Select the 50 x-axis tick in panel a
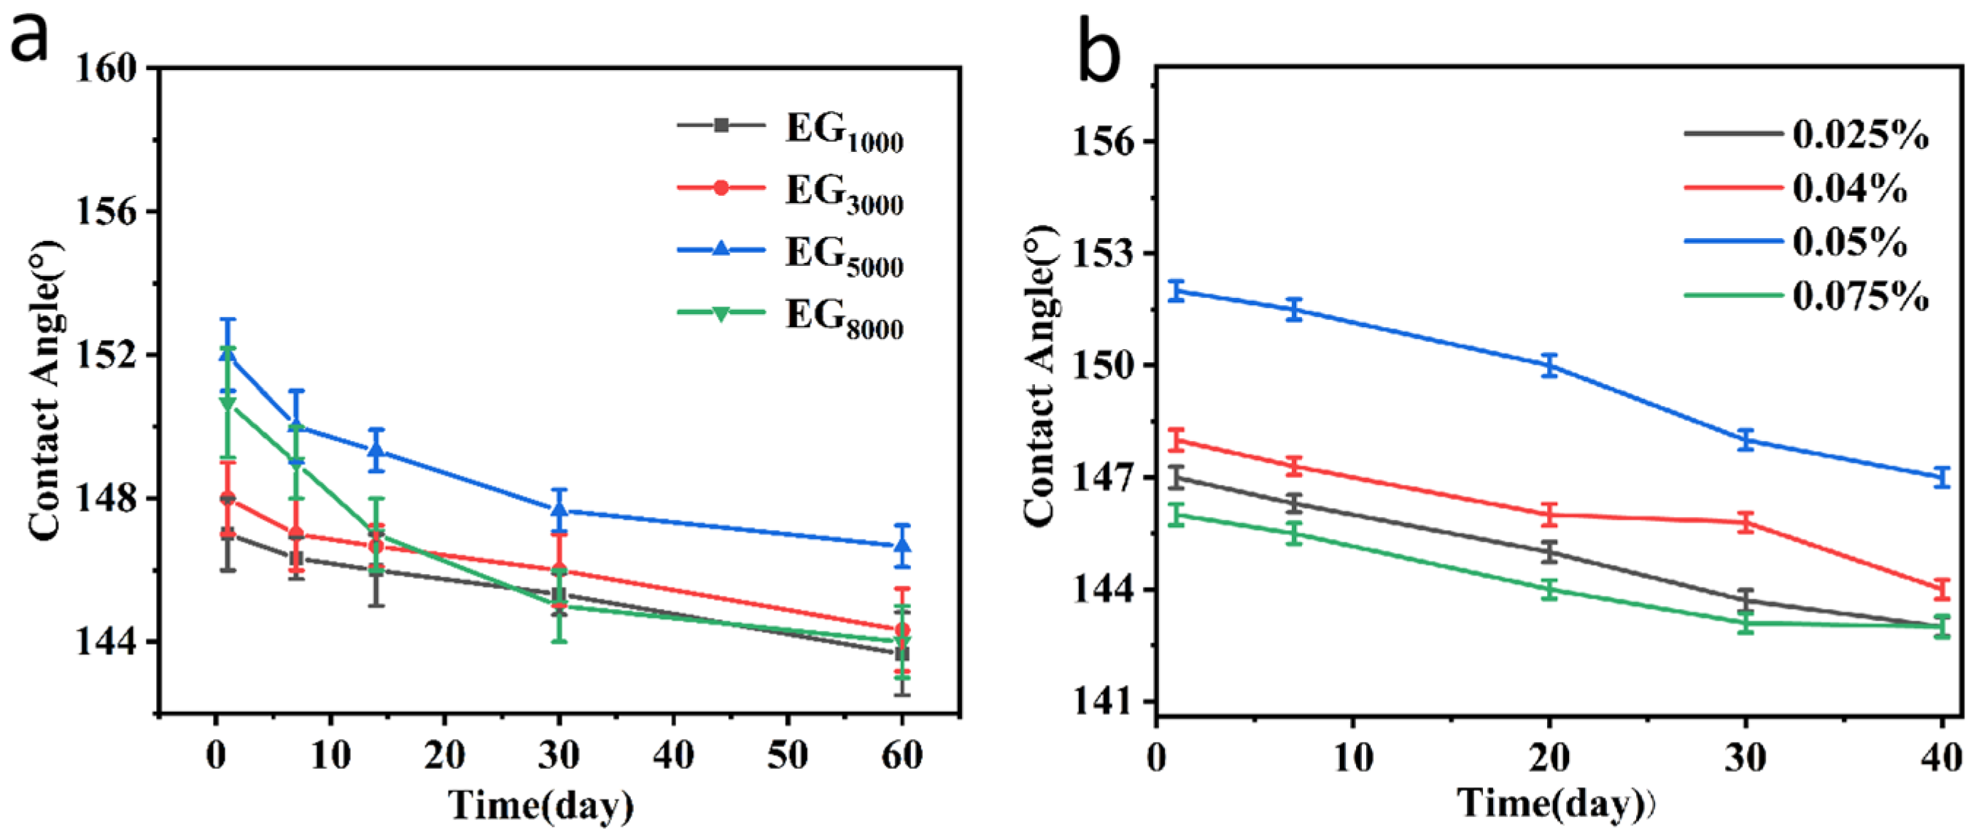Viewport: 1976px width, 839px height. click(787, 756)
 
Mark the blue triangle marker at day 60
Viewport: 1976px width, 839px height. click(902, 545)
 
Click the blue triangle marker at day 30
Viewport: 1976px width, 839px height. click(559, 509)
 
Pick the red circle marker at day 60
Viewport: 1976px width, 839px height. click(902, 630)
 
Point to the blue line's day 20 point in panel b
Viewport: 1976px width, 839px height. click(1549, 365)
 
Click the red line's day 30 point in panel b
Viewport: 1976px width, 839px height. click(1746, 523)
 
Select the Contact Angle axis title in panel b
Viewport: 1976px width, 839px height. click(1040, 376)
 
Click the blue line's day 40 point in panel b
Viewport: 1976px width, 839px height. click(1942, 478)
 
